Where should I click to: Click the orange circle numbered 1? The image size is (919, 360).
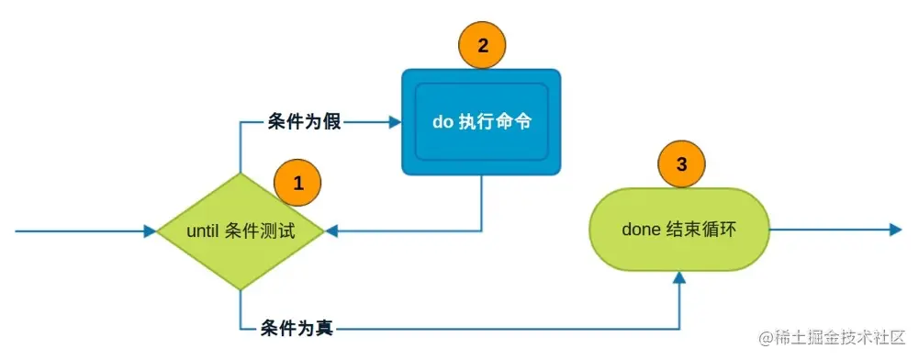pyautogui.click(x=297, y=182)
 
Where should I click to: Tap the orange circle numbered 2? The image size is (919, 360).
pyautogui.click(x=482, y=43)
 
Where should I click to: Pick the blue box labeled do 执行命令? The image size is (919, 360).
pyautogui.click(x=481, y=121)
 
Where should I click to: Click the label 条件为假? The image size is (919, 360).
pyautogui.click(x=305, y=121)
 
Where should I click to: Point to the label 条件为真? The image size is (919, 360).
pyautogui.click(x=297, y=328)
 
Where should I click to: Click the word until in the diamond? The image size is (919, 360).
pyautogui.click(x=202, y=231)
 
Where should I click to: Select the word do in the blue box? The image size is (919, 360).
pyautogui.click(x=442, y=122)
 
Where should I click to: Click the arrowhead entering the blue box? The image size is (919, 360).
pyautogui.click(x=395, y=121)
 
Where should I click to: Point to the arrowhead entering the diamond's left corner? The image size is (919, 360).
pyautogui.click(x=151, y=231)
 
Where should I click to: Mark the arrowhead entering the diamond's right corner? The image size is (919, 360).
pyautogui.click(x=331, y=231)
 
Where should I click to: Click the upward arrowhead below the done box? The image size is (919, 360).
pyautogui.click(x=678, y=277)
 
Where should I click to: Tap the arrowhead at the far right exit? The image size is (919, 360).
pyautogui.click(x=895, y=229)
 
